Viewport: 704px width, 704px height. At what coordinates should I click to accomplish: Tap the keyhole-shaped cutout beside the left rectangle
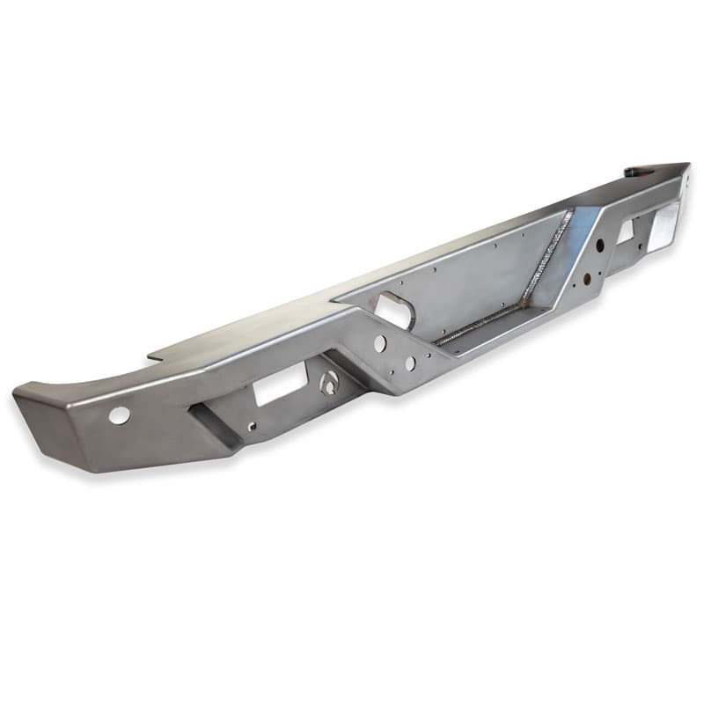[x=329, y=384]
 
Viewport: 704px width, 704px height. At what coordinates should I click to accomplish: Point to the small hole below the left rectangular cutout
[x=253, y=429]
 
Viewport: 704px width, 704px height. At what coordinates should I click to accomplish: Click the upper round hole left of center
[x=379, y=343]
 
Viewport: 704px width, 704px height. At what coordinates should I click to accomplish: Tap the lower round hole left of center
[x=410, y=363]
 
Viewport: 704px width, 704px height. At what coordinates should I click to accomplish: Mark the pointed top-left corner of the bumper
[x=16, y=394]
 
